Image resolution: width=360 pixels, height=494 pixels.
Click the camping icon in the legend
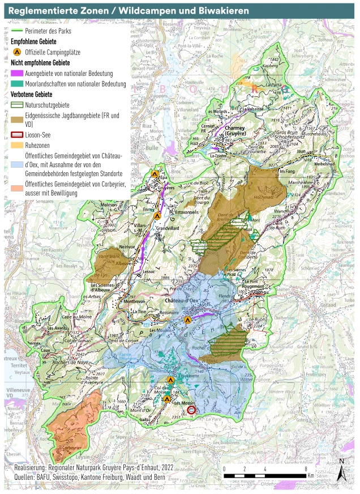click(x=16, y=52)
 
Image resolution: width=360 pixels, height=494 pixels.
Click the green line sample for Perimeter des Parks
click(x=17, y=29)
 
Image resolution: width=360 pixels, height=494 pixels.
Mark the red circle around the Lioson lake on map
click(x=191, y=410)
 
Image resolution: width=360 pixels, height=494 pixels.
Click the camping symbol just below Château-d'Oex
click(x=188, y=320)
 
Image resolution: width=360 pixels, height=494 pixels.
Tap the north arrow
click(x=341, y=470)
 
